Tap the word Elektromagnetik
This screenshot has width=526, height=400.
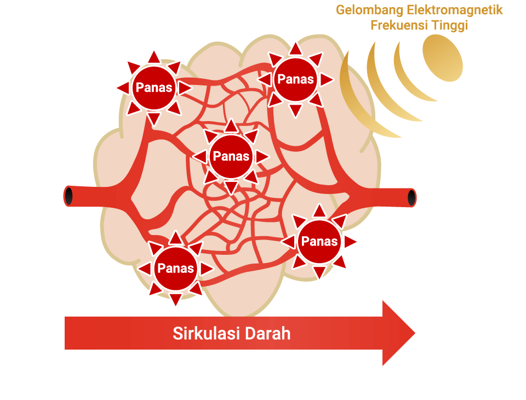[x=455, y=10]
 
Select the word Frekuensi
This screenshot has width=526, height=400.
[x=399, y=25]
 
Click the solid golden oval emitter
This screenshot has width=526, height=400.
[x=443, y=58]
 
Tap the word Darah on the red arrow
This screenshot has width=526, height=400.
[x=267, y=334]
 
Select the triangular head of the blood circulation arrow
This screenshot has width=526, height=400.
[x=398, y=333]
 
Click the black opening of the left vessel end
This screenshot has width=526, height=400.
[x=68, y=196]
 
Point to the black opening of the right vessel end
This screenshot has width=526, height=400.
[x=411, y=198]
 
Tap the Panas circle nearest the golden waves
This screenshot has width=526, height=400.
[x=295, y=79]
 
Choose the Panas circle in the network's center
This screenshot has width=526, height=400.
[x=231, y=156]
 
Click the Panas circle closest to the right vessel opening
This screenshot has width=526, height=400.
[x=319, y=241]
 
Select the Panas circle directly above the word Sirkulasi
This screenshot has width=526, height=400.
[x=175, y=268]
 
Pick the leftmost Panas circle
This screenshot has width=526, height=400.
[x=154, y=88]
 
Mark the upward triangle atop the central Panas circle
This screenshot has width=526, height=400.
[x=231, y=125]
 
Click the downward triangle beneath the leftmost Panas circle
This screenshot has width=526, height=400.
[x=153, y=119]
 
